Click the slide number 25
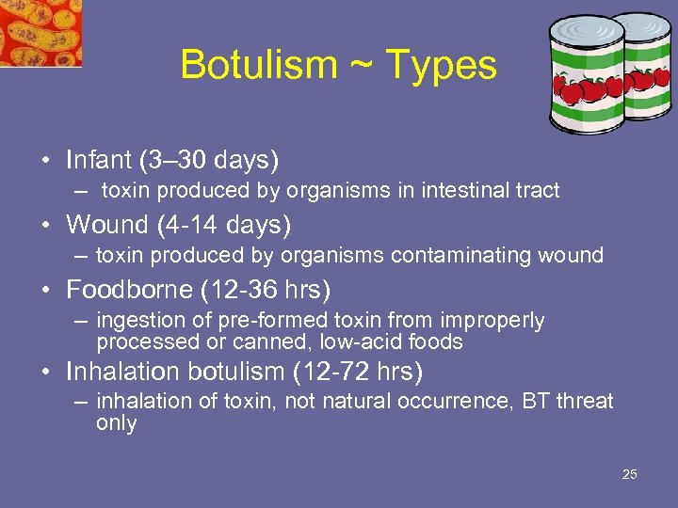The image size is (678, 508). pyautogui.click(x=630, y=474)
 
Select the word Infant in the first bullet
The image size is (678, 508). pyautogui.click(x=99, y=160)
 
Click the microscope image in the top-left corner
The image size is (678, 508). pyautogui.click(x=40, y=33)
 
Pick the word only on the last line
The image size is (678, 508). pyautogui.click(x=116, y=423)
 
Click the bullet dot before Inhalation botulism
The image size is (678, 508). pyautogui.click(x=47, y=372)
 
